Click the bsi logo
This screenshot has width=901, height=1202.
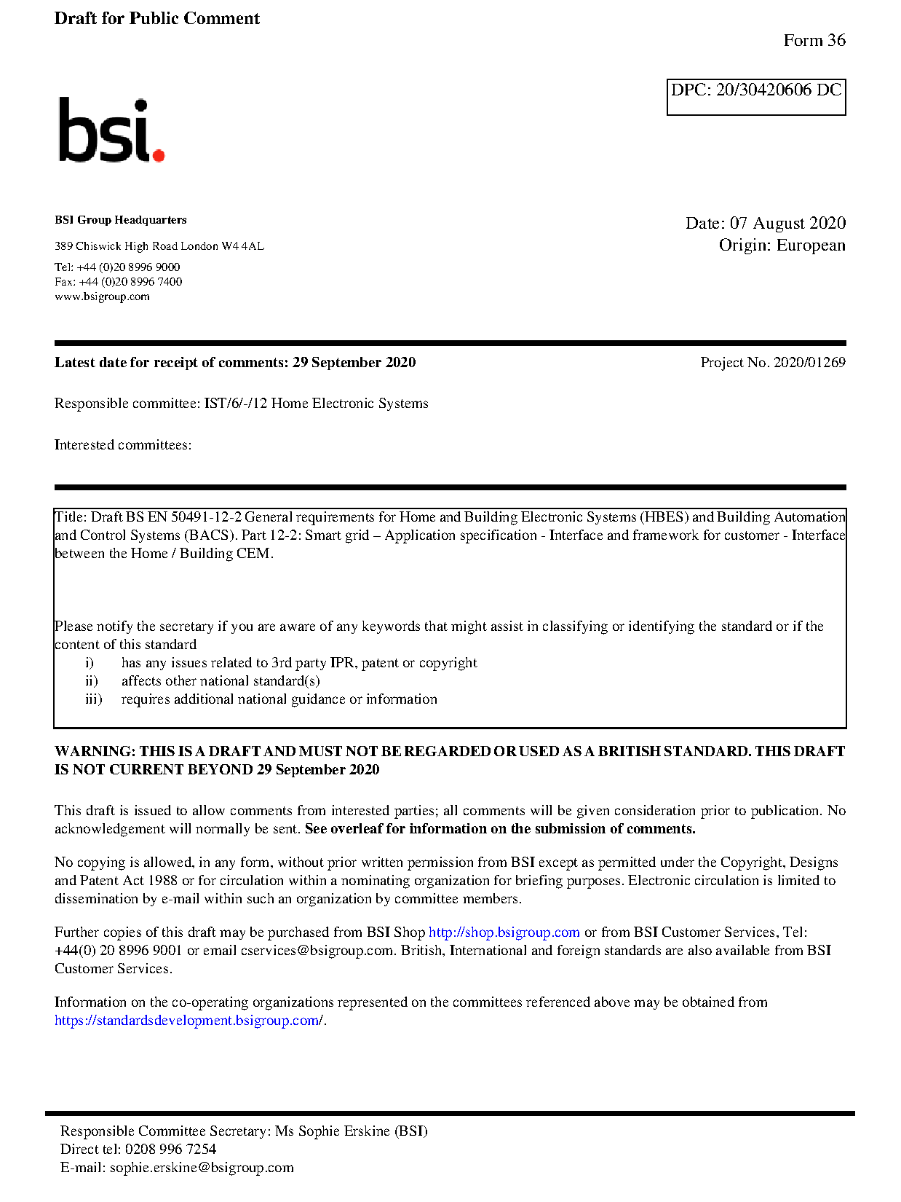(111, 130)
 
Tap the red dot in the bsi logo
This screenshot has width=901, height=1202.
(158, 154)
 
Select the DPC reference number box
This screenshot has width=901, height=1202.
(755, 97)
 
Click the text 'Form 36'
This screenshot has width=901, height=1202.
(814, 41)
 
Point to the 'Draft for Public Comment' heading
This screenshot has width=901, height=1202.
(156, 19)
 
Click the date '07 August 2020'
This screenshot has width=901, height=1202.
(787, 223)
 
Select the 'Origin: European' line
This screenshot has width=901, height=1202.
(782, 245)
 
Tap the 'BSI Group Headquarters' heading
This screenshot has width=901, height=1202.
(120, 220)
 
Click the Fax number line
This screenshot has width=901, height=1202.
(118, 282)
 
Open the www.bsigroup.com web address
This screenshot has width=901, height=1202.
(102, 296)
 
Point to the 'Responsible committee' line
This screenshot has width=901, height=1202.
(241, 404)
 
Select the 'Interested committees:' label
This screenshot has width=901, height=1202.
(122, 445)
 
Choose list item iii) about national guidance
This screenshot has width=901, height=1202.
(279, 699)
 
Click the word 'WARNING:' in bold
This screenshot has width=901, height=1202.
(95, 752)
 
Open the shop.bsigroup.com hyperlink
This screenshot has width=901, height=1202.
(504, 932)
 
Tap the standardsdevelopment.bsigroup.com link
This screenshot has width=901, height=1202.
(188, 1021)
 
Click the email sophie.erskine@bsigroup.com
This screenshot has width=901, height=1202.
(202, 1168)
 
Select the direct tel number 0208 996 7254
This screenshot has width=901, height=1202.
(170, 1150)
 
